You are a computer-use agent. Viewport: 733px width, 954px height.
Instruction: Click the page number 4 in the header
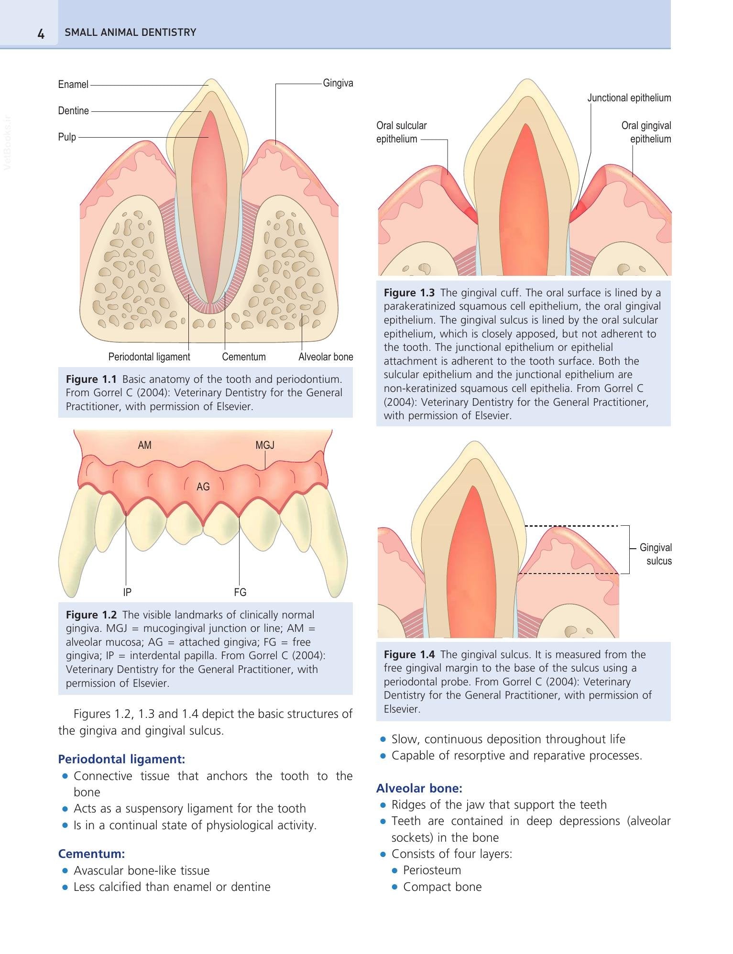(x=41, y=33)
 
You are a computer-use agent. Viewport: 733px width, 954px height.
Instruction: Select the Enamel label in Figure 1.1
(x=73, y=85)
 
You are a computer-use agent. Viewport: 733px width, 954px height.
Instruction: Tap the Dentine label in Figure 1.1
(x=74, y=111)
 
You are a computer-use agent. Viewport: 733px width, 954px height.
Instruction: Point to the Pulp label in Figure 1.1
(x=67, y=137)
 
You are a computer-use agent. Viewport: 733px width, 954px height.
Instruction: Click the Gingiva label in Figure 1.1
(x=338, y=83)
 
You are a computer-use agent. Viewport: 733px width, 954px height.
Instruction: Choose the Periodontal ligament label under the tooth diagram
(x=149, y=357)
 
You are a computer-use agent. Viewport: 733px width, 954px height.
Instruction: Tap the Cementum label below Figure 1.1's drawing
(x=244, y=357)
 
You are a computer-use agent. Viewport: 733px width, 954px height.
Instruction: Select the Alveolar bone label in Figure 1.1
(x=326, y=357)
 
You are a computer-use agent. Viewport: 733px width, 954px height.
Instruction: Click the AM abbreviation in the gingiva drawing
(x=144, y=445)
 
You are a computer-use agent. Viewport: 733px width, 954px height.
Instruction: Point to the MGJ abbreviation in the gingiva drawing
(x=265, y=445)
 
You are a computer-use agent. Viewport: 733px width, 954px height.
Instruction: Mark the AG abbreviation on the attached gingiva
(x=203, y=487)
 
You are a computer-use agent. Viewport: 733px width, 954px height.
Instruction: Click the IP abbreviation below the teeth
(x=127, y=592)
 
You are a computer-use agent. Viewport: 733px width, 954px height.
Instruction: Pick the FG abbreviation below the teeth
(x=240, y=592)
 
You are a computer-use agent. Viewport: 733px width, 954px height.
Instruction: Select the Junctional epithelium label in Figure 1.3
(x=629, y=98)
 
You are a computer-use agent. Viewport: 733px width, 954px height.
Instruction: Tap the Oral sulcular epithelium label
(x=402, y=132)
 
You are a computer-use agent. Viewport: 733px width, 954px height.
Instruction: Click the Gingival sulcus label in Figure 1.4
(x=656, y=554)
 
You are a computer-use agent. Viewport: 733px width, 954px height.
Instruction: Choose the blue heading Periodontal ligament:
(x=121, y=759)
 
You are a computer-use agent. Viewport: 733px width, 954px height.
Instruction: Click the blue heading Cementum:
(x=91, y=854)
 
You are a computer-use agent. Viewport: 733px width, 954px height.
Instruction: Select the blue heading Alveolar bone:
(x=419, y=788)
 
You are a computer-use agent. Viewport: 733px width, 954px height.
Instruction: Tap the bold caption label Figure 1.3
(x=409, y=293)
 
